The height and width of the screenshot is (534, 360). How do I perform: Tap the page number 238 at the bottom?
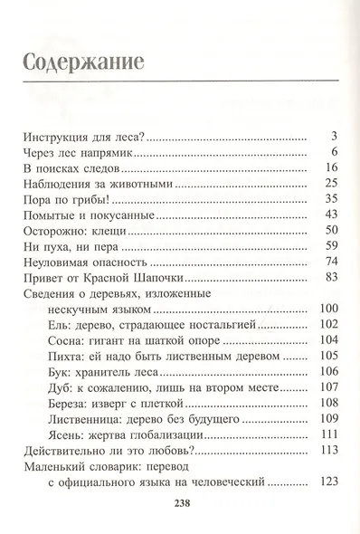click(180, 505)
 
